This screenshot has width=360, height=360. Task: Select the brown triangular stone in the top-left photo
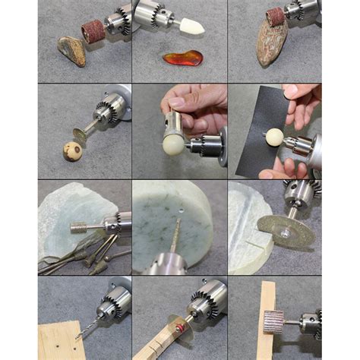[x=71, y=51]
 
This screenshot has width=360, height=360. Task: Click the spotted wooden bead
[x=72, y=152]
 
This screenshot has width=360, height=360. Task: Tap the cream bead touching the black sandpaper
[x=273, y=138]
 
